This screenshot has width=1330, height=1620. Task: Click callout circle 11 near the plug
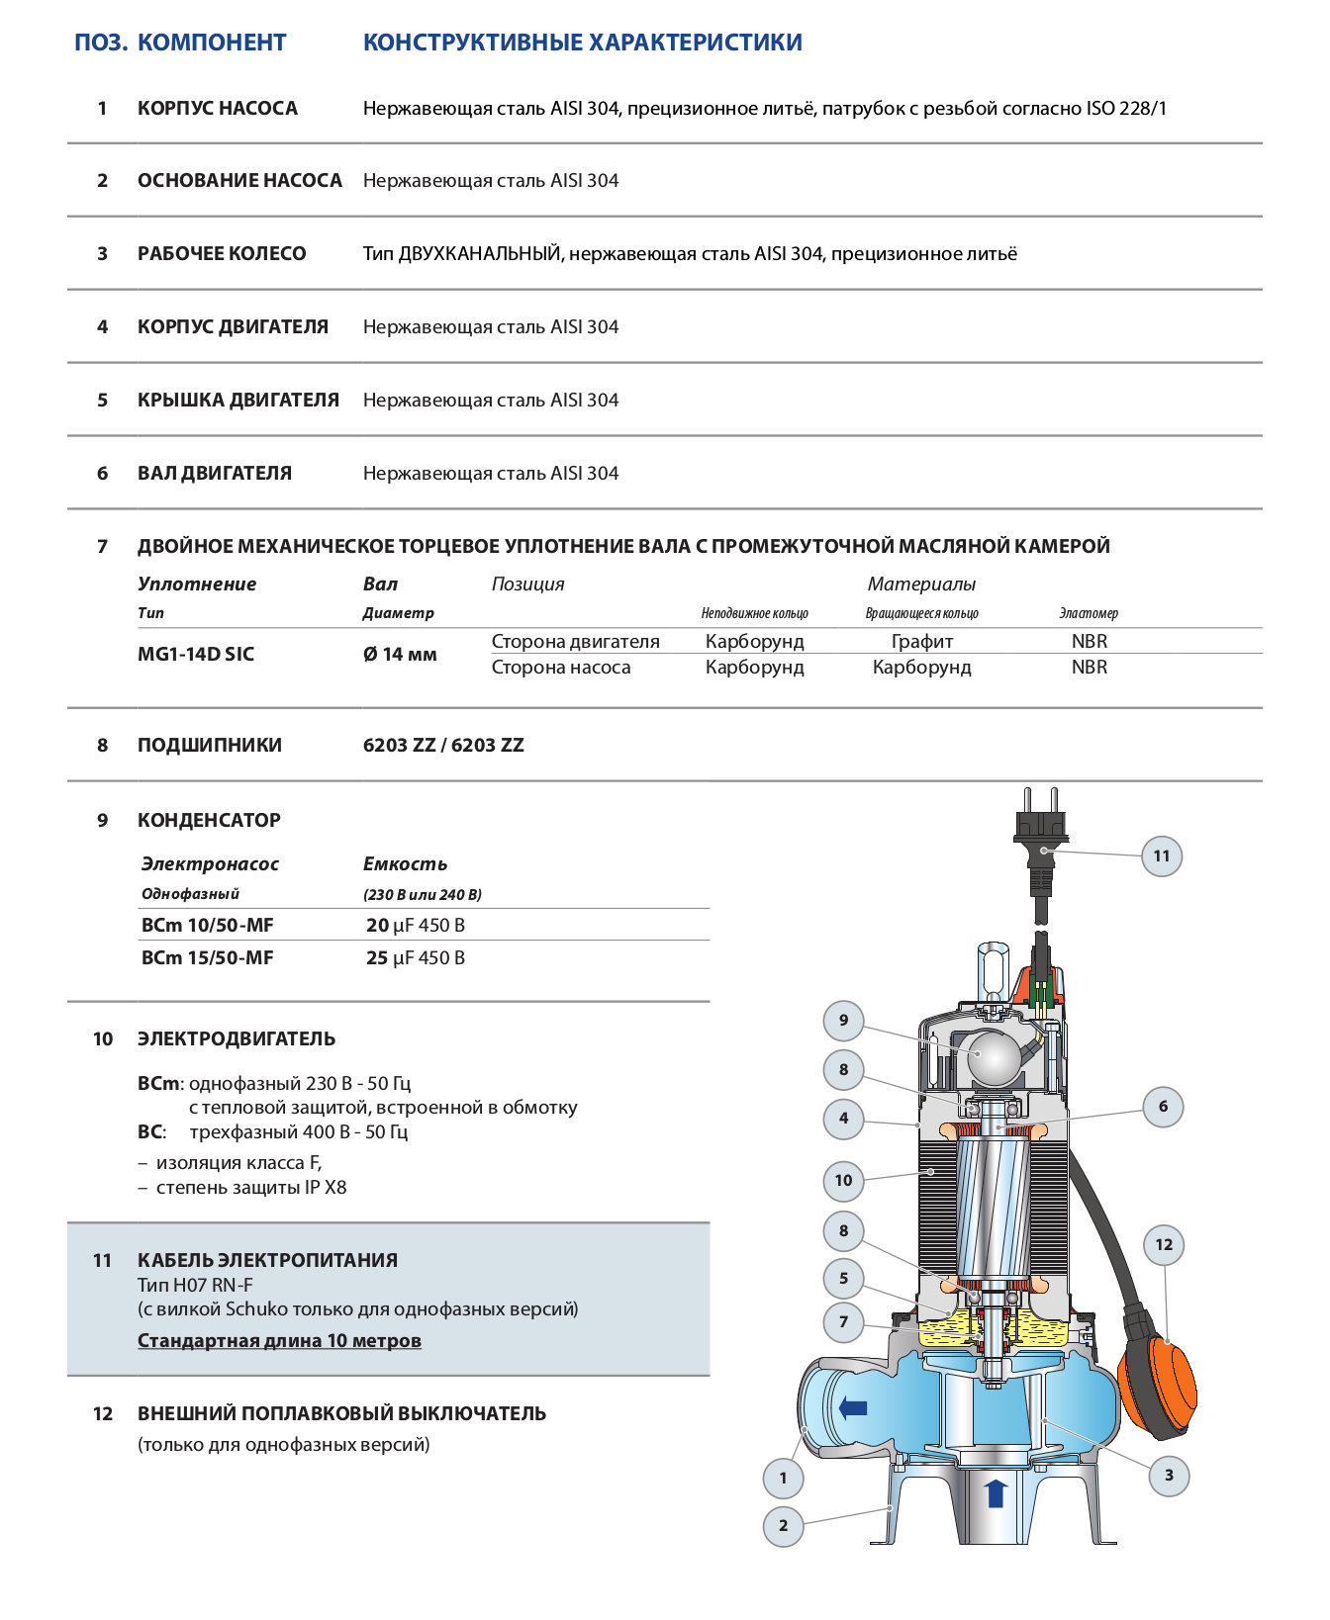coord(1162,856)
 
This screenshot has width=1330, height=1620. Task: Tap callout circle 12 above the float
coord(1164,1245)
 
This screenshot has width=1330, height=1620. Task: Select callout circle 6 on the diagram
coord(1163,1107)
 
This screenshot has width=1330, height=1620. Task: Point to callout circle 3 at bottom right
coord(1169,1476)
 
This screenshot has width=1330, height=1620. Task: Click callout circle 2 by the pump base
coord(784,1526)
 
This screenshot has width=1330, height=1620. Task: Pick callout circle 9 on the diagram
coord(843,1021)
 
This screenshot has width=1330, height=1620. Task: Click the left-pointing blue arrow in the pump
coord(852,1407)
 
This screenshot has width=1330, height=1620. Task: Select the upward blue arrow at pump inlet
coord(996,1493)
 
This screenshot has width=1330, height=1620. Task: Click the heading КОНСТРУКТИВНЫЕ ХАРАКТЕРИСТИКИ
coord(582,43)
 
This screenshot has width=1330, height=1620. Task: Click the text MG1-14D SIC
coord(196,654)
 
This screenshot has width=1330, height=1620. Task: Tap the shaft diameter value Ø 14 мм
coord(400,654)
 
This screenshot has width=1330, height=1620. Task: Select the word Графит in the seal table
coord(921,641)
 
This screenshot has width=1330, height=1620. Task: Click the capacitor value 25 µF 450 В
coord(416,957)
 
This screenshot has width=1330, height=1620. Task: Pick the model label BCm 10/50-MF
coord(208,925)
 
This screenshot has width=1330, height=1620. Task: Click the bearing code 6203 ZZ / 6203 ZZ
coord(443,745)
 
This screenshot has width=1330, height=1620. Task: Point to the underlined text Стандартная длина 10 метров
coord(279,1340)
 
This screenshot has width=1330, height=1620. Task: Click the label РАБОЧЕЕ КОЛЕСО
coord(222,253)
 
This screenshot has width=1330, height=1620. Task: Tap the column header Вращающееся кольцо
coord(921,613)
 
